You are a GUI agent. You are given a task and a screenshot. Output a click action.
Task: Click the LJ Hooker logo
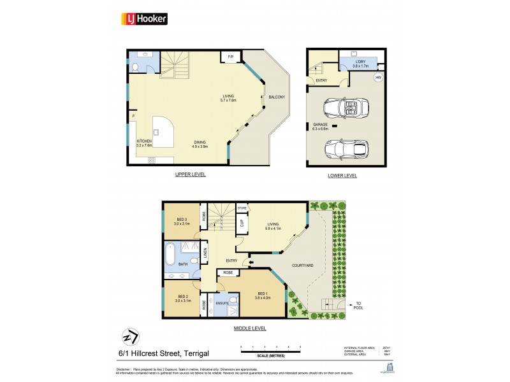tap(144, 19)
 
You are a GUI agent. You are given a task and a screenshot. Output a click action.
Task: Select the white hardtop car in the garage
tap(347, 148)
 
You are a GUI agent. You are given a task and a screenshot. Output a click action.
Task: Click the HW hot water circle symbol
tap(377, 78)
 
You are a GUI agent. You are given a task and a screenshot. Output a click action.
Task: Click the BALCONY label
tap(276, 97)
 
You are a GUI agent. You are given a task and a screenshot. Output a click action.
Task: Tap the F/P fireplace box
tap(229, 58)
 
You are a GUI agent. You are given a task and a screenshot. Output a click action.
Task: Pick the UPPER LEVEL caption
tap(191, 174)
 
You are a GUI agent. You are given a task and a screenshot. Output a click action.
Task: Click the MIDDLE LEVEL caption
tap(248, 329)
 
